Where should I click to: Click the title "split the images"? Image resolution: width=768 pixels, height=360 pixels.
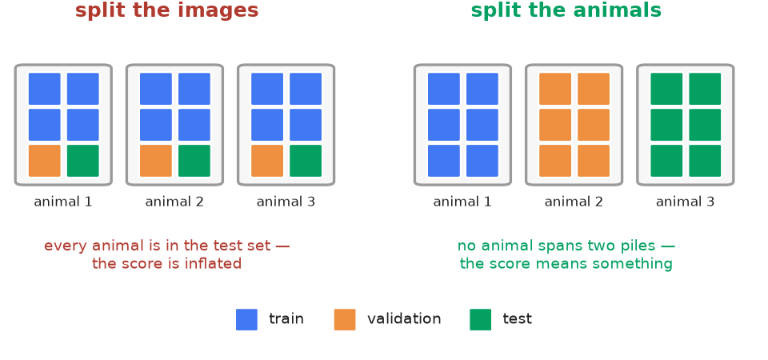[x=166, y=10]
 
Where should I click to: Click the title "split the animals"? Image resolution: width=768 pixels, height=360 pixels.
[x=566, y=10]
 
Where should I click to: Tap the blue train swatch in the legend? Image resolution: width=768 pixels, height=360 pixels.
[x=246, y=319]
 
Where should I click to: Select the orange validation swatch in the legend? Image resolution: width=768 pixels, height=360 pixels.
[x=345, y=319]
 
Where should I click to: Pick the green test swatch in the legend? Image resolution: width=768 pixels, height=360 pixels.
[x=480, y=319]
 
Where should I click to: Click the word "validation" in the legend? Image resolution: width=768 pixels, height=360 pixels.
[x=404, y=319]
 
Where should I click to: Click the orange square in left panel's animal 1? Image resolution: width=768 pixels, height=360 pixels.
[x=45, y=161]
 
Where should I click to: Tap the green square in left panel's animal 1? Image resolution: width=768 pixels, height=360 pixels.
[x=82, y=161]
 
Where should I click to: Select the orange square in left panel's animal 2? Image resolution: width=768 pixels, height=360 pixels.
[x=156, y=161]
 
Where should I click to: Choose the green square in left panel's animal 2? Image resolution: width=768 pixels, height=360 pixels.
[x=194, y=161]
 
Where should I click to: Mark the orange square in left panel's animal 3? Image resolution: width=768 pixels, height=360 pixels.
[x=267, y=161]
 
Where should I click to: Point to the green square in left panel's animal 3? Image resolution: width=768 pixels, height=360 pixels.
[x=306, y=161]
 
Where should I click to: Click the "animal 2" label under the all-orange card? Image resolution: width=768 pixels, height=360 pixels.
[x=574, y=202]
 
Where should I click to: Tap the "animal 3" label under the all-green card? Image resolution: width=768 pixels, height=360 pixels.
[x=685, y=202]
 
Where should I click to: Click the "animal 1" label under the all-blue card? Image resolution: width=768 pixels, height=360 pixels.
[x=462, y=202]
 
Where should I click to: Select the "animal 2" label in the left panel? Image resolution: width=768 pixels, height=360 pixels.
[x=174, y=202]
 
